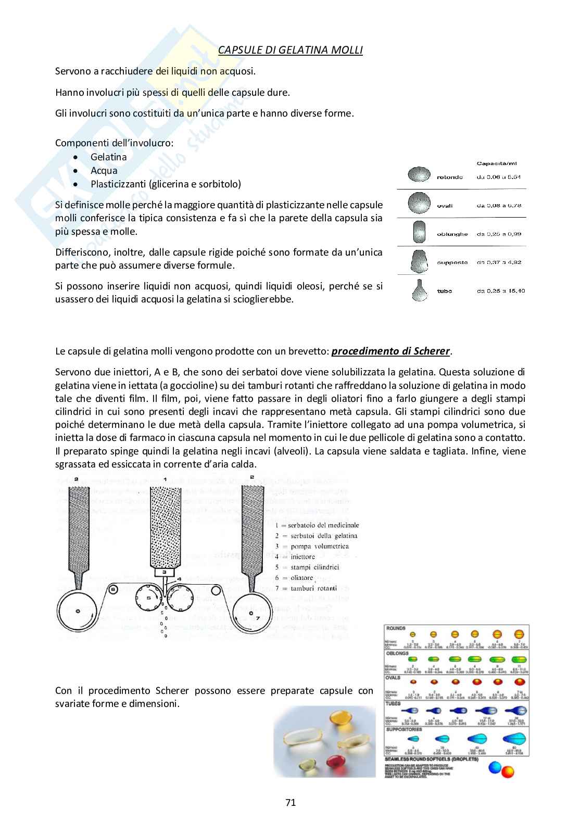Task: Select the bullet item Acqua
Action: coord(104,170)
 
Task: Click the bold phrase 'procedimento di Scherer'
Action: coord(390,351)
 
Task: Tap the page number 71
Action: coord(290,802)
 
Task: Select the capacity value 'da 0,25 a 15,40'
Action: coord(501,291)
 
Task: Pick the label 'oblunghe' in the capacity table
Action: coord(452,234)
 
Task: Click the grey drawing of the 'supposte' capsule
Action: coord(419,261)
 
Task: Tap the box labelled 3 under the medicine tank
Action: coord(164,572)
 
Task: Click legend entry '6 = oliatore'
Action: coord(295,578)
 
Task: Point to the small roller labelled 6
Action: coord(113,589)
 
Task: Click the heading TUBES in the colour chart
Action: coord(393,703)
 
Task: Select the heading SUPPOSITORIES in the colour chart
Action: coord(403,729)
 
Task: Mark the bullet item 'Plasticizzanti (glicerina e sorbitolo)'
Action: coord(166,184)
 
